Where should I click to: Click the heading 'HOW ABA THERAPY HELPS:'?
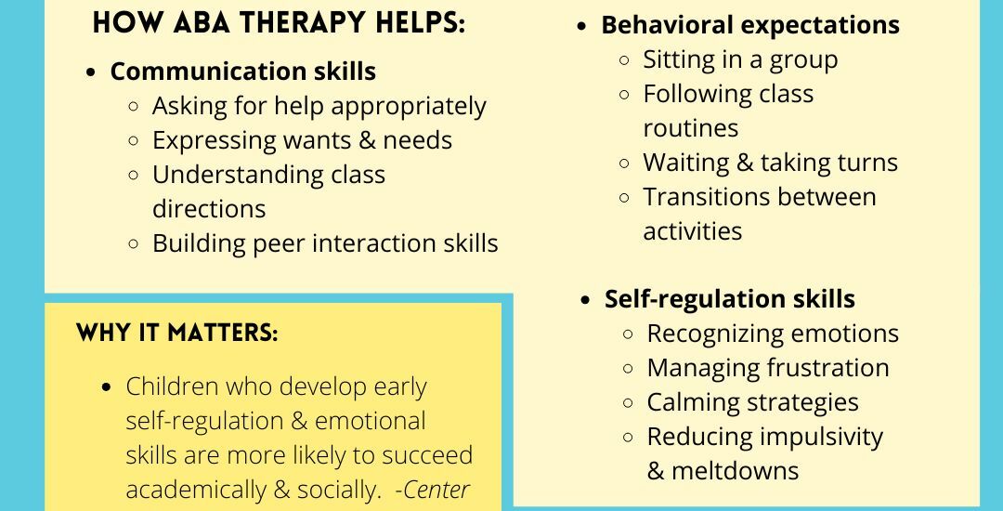click(x=279, y=24)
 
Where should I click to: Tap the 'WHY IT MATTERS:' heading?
click(x=176, y=334)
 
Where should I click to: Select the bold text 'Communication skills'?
click(x=243, y=72)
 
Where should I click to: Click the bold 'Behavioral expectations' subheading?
click(x=750, y=25)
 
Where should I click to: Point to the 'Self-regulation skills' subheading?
click(x=730, y=299)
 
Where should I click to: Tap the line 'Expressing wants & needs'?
click(x=302, y=140)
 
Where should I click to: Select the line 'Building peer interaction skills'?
click(x=325, y=243)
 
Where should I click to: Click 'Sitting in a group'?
click(x=740, y=59)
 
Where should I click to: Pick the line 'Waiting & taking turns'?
click(x=770, y=163)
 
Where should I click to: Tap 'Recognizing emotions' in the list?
click(x=773, y=334)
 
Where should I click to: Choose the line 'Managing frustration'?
click(x=768, y=368)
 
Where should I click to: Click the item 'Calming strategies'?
click(x=752, y=402)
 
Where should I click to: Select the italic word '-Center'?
click(x=432, y=490)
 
